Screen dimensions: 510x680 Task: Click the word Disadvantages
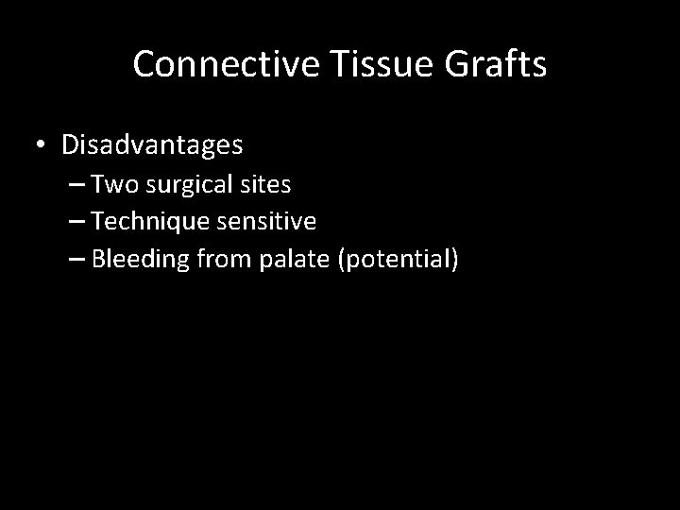pos(152,145)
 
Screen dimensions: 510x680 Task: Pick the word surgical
pos(188,185)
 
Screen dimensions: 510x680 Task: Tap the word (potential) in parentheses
pos(396,260)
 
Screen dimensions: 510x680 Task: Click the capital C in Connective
pos(144,64)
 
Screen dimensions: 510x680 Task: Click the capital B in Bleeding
pos(101,260)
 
